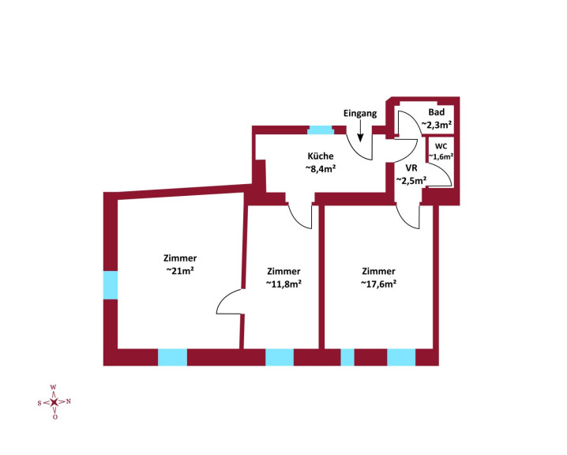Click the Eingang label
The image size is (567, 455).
point(360,114)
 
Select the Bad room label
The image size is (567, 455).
point(436,113)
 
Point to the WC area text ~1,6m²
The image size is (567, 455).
point(441,156)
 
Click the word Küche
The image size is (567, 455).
point(320,156)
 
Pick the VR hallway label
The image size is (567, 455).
point(411,168)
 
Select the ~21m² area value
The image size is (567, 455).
point(180,270)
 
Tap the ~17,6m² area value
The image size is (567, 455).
point(378,283)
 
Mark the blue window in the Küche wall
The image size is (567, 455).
point(320,130)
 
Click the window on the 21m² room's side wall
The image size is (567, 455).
point(111,284)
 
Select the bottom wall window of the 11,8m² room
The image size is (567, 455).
point(280,357)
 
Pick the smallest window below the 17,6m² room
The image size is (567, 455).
point(347,357)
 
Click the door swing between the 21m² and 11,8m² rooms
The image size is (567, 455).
point(230,300)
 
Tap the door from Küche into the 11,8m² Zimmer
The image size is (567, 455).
point(302,215)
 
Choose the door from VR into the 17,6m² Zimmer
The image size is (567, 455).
point(408,216)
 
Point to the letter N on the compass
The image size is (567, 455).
point(69,401)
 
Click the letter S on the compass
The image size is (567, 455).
point(39,402)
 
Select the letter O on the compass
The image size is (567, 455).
point(54,416)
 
